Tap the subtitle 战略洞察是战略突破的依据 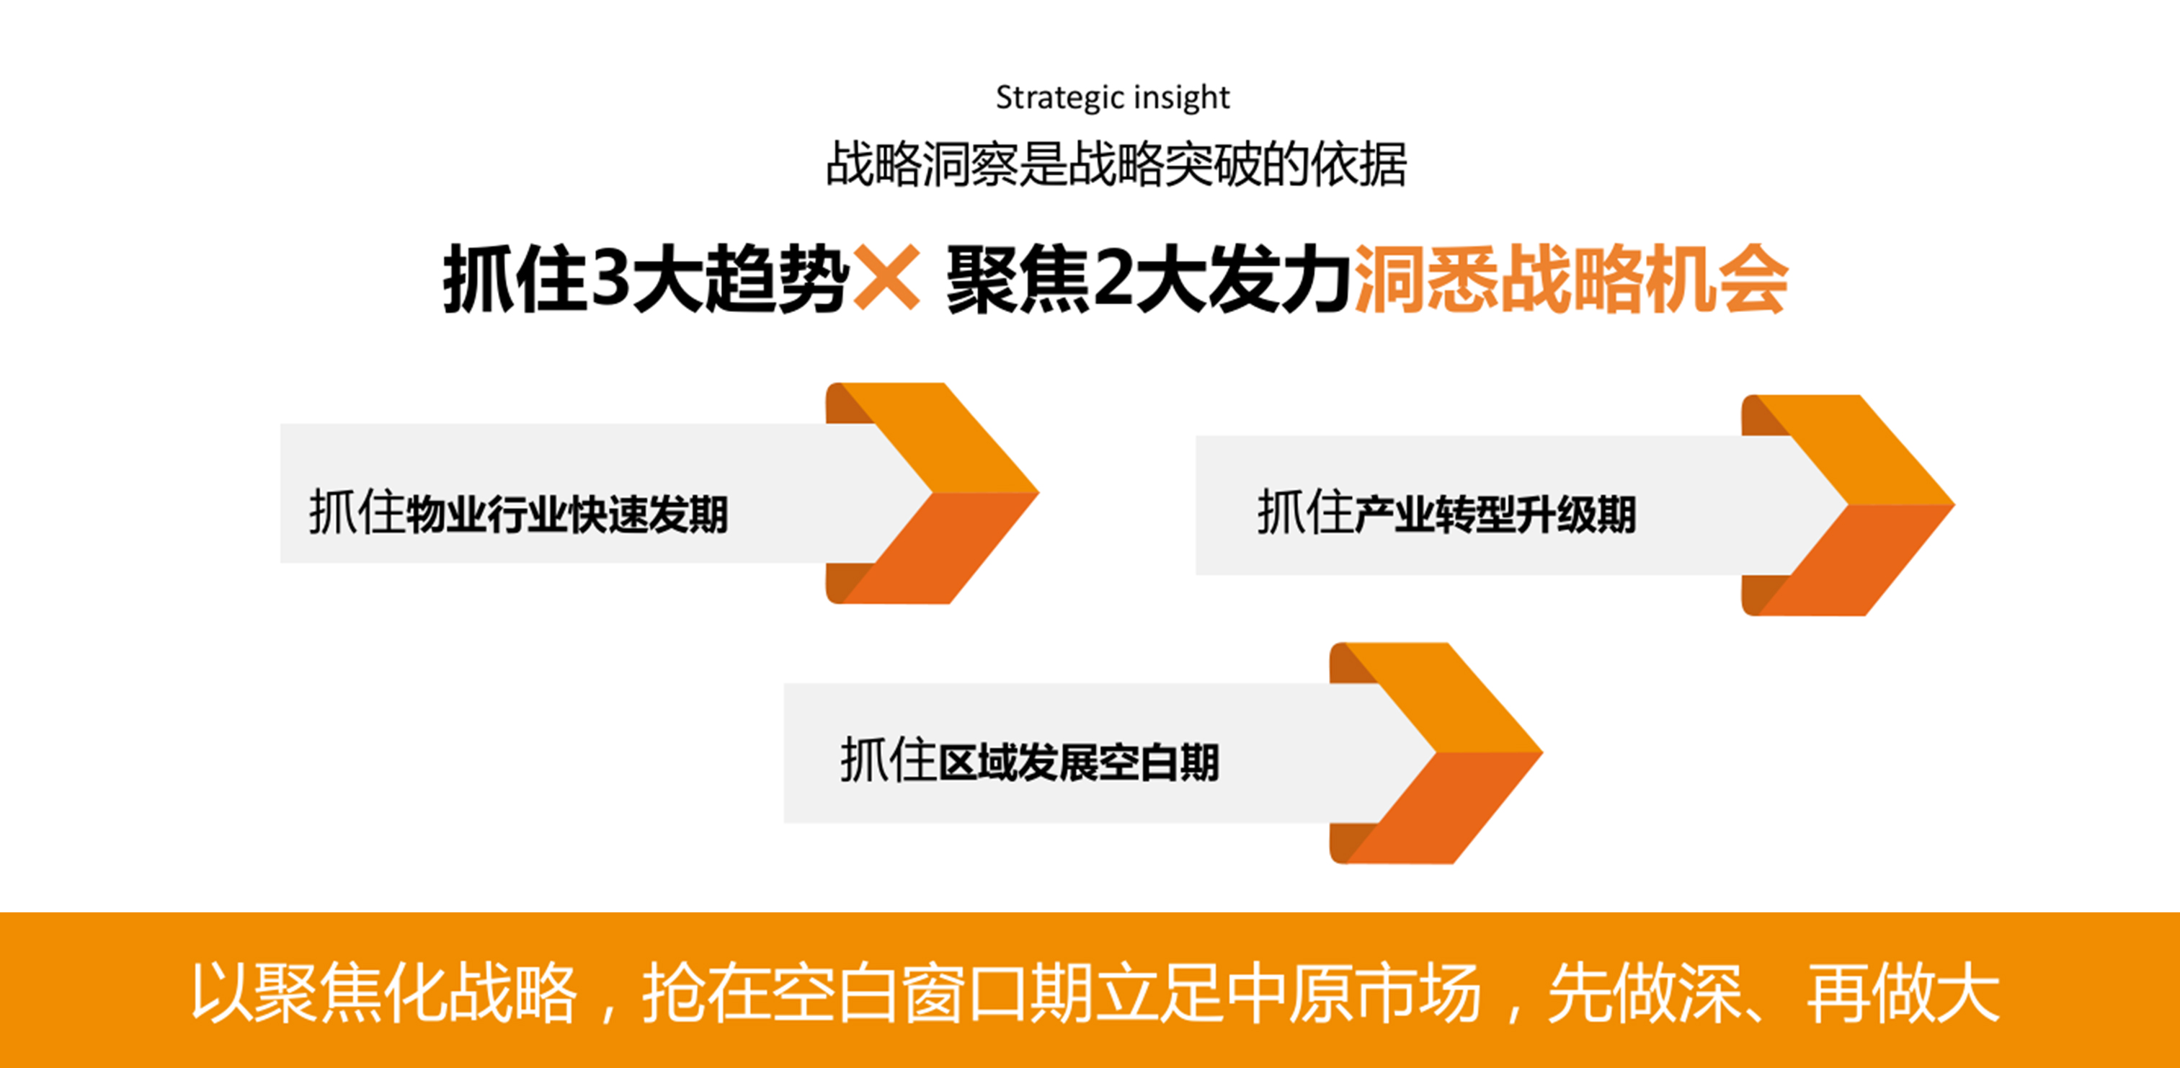pos(1116,164)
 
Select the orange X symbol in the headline pos(886,277)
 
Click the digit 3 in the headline pos(611,278)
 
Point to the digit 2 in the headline pos(1113,278)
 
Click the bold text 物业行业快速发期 pos(567,515)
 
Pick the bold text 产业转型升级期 pos(1495,515)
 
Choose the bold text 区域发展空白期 pos(1078,762)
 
